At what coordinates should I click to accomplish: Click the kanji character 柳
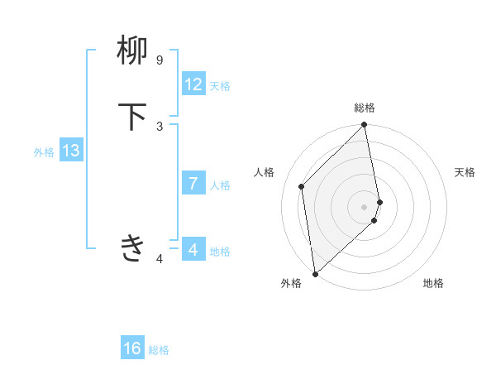click(x=133, y=50)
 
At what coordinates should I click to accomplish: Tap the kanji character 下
click(x=133, y=117)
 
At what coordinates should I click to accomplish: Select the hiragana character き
click(x=133, y=247)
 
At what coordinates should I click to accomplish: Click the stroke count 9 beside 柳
click(x=160, y=60)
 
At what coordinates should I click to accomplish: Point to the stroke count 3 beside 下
click(x=160, y=126)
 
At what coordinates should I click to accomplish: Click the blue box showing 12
click(x=193, y=84)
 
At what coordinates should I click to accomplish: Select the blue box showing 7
click(x=193, y=184)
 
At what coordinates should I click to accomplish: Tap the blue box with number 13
click(x=70, y=151)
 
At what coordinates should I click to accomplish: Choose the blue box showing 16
click(x=132, y=348)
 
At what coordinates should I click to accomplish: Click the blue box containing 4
click(x=193, y=250)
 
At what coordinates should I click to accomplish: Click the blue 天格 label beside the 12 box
click(x=220, y=86)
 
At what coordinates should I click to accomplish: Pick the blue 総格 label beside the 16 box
click(x=159, y=350)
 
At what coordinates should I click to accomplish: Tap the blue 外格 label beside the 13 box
click(x=44, y=152)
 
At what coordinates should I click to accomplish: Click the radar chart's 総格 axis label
click(x=365, y=108)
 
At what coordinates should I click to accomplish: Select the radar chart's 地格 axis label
click(x=433, y=284)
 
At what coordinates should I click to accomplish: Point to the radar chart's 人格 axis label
click(x=265, y=172)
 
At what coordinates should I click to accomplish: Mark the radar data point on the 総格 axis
click(x=365, y=126)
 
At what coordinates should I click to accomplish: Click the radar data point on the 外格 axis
click(x=315, y=274)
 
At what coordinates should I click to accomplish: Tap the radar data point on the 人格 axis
click(x=302, y=186)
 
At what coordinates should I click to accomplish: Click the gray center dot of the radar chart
click(x=365, y=206)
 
